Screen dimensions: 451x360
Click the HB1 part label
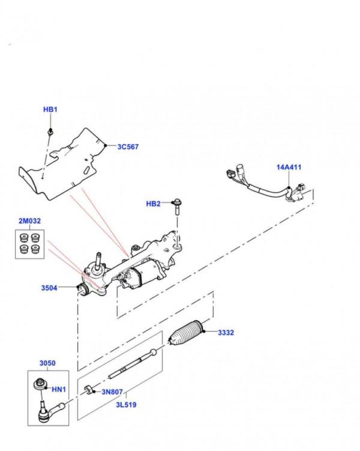[50, 110]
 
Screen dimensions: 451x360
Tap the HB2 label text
[153, 204]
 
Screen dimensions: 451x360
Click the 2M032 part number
[29, 222]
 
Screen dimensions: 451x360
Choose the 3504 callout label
[49, 288]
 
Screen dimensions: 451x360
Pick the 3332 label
[226, 331]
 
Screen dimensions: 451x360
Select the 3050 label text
[47, 363]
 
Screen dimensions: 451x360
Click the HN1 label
[59, 390]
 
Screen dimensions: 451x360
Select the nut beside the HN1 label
[42, 382]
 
